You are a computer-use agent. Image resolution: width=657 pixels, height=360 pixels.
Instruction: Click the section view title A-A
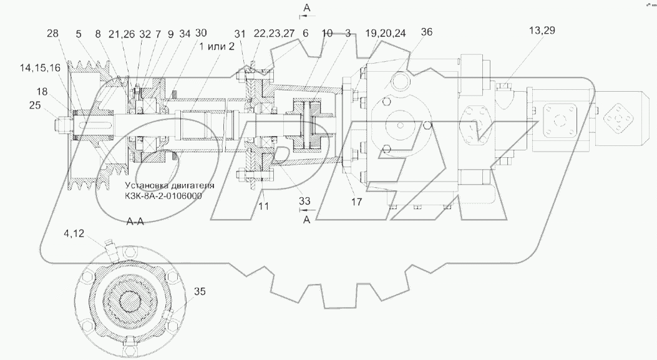[x=135, y=221]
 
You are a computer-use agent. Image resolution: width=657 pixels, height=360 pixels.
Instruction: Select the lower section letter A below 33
[x=306, y=220]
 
